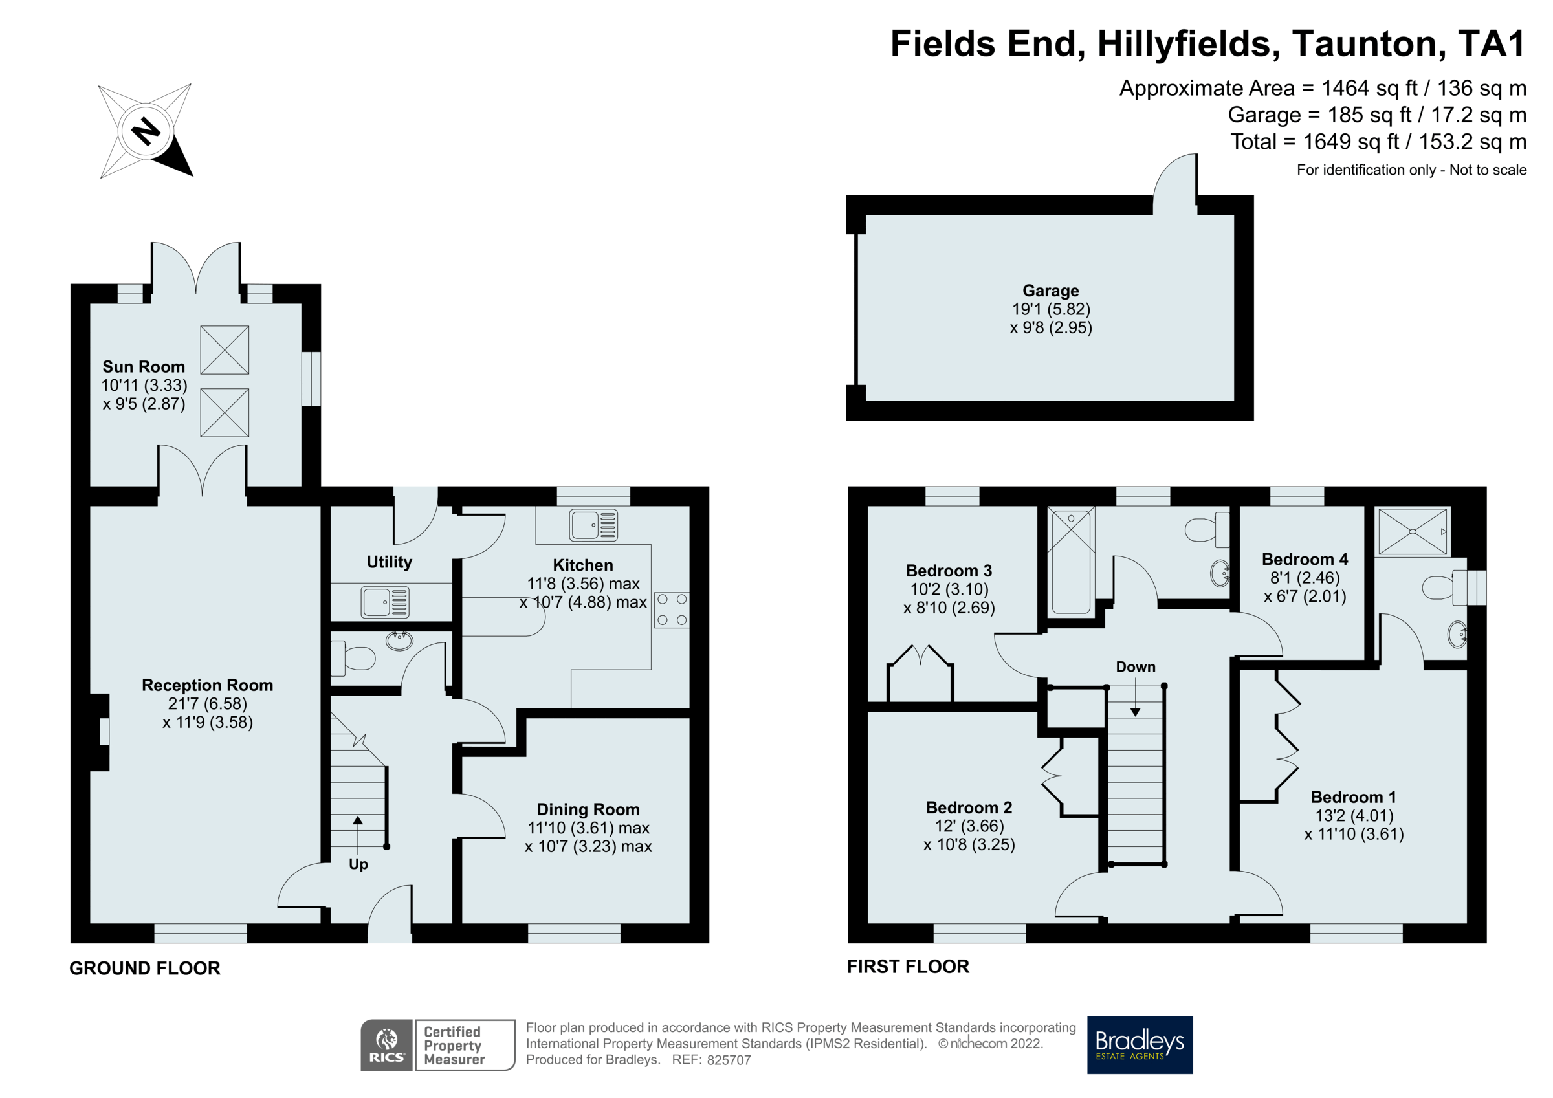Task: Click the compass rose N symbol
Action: coord(146,131)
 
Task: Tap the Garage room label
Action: coord(1050,291)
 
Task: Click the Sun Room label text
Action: coord(144,367)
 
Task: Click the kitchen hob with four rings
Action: coord(672,609)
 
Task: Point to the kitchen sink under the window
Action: coord(593,525)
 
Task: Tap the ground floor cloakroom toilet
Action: coord(355,657)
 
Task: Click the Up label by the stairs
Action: coord(358,864)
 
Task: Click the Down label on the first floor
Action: coord(1135,666)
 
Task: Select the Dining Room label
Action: coord(588,809)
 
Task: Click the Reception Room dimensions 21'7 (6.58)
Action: coord(208,703)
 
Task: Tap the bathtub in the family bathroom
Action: coord(1071,562)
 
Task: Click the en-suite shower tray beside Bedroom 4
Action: coord(1413,532)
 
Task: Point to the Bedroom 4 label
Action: coord(1305,560)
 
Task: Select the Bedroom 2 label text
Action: coord(969,807)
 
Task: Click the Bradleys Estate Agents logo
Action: coord(1139,1044)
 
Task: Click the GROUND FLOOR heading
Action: coord(145,968)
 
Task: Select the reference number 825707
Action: coord(729,1060)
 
